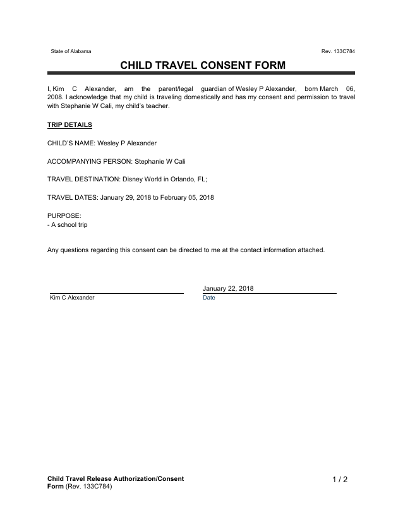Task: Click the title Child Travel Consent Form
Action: [202, 65]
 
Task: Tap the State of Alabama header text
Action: [71, 51]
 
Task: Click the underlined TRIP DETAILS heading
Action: [69, 125]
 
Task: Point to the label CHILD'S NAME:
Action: [71, 143]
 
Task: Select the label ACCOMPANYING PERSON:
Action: [90, 161]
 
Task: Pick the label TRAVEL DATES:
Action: [73, 197]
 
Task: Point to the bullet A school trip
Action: [68, 224]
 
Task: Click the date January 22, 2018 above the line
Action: [228, 288]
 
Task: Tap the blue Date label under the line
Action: [209, 298]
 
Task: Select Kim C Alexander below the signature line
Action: [72, 298]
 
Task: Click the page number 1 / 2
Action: [340, 480]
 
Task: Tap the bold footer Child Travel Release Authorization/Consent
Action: [116, 478]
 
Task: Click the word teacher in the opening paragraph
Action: [159, 106]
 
